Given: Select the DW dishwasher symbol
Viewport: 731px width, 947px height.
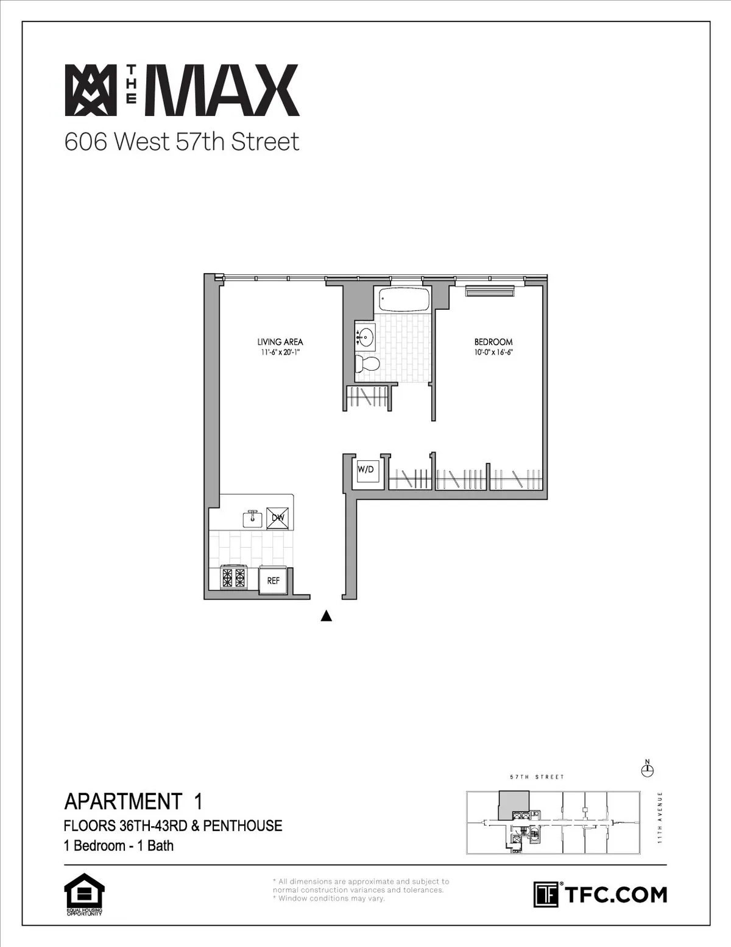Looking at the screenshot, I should point(278,518).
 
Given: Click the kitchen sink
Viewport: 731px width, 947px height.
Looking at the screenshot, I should point(253,519).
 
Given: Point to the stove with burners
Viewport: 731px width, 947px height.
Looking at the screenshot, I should point(235,577).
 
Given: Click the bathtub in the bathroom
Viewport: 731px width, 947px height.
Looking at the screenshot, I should point(404,299).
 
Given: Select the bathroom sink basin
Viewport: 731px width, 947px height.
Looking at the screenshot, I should point(365,337).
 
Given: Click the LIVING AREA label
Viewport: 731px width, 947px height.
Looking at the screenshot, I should point(280,342).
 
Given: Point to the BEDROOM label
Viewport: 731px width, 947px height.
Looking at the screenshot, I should point(493,342).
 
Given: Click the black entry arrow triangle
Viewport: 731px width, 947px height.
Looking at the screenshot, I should point(327,616).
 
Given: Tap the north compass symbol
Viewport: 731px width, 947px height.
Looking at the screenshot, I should point(648,770).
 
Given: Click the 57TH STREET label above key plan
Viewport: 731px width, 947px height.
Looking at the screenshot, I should point(537,777).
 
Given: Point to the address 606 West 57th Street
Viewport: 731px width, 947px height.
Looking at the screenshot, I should point(182,141).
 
